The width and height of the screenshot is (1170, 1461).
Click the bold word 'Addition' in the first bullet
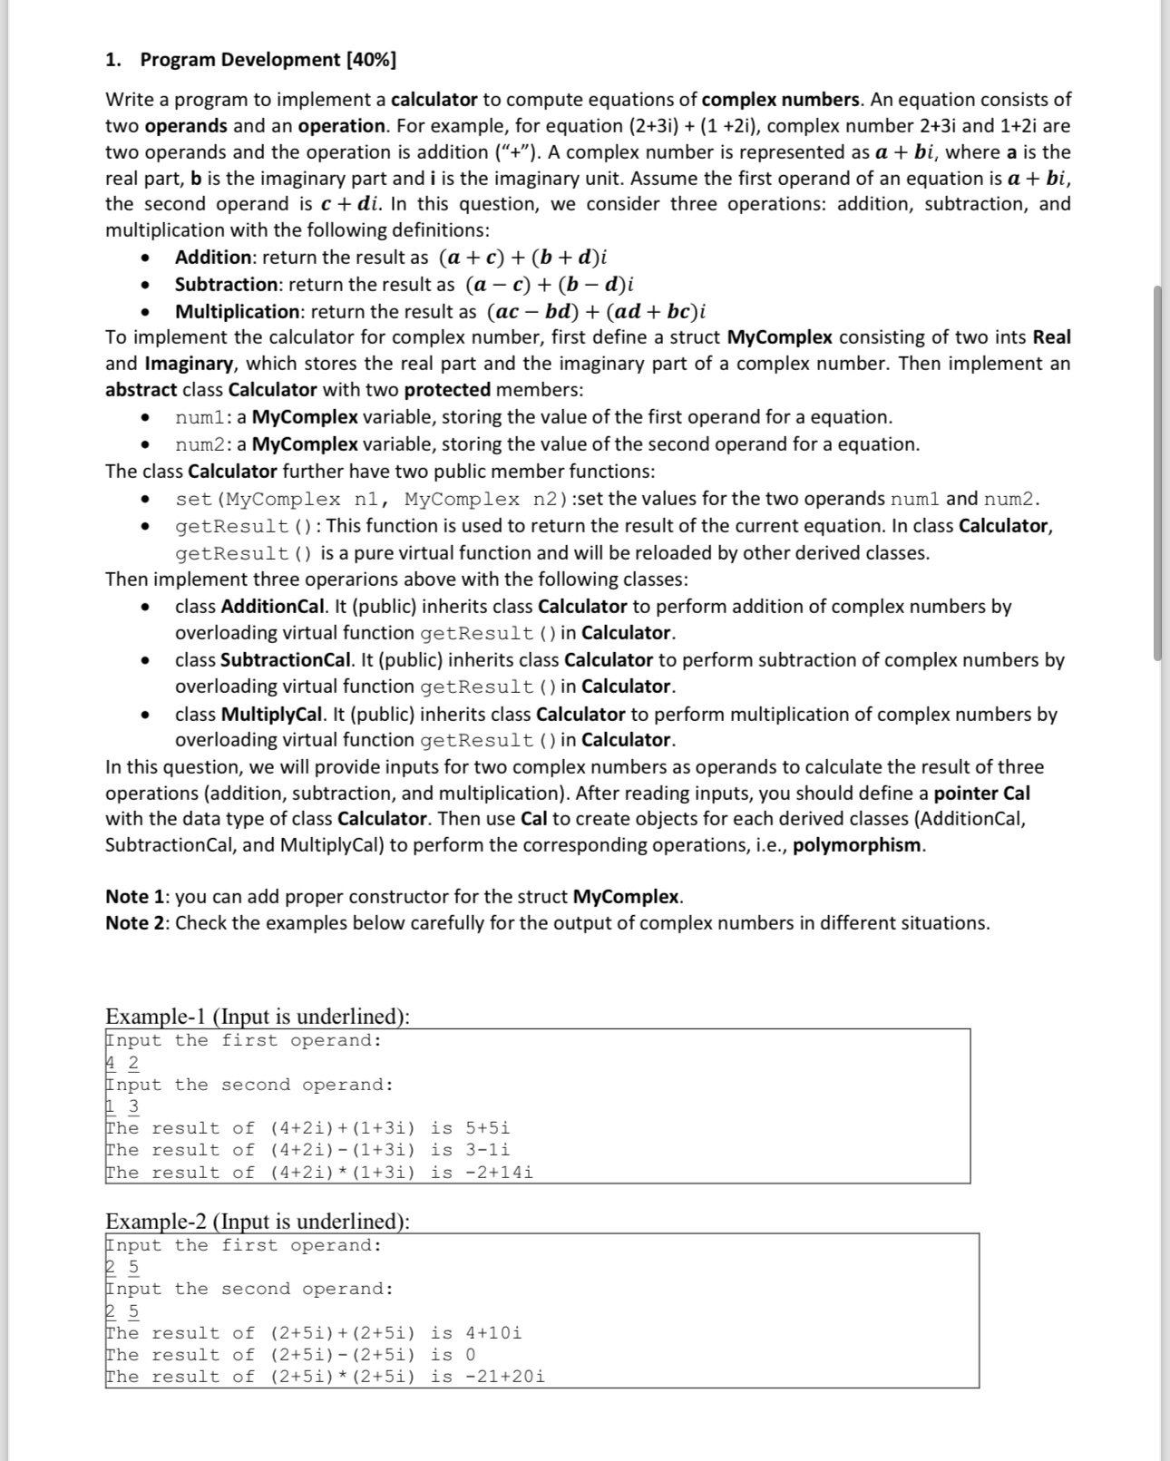pos(213,258)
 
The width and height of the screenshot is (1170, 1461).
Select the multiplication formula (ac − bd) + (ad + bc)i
pos(597,312)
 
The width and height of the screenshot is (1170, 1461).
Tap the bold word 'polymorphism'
pos(857,845)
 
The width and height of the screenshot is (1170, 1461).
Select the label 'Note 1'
pos(136,897)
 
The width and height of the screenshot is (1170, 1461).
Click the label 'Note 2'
pos(136,923)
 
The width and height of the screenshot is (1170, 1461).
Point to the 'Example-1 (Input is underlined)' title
pos(258,1016)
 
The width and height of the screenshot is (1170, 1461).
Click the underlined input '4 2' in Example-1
pos(122,1063)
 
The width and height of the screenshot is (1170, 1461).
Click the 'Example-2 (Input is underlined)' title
pos(258,1221)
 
